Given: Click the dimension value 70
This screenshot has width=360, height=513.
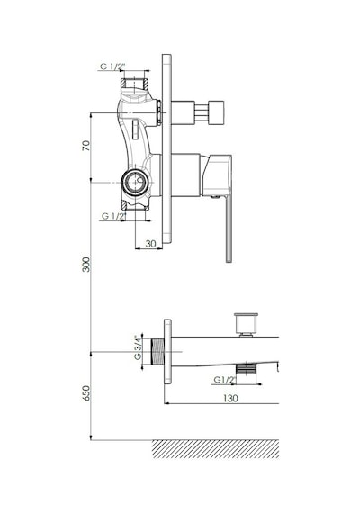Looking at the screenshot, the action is [x=85, y=145].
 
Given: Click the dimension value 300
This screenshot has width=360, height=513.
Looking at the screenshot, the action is [x=86, y=265].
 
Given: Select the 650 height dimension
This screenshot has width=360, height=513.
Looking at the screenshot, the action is [x=86, y=392].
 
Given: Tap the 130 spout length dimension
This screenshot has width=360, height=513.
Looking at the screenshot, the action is [x=230, y=398].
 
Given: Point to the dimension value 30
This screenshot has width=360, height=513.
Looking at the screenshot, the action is [x=150, y=244].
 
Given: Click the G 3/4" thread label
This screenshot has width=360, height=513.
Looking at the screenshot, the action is [x=139, y=347].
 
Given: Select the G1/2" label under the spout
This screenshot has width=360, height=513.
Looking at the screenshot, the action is [x=225, y=380].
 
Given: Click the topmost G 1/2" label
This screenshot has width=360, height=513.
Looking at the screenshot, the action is [x=112, y=67].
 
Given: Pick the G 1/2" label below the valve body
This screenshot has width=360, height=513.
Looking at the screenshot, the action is [x=114, y=216].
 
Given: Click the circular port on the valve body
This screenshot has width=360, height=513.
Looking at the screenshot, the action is [x=134, y=182].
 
